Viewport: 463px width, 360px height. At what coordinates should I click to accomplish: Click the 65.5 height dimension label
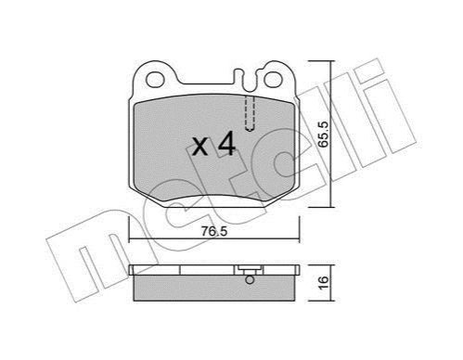tap(322, 134)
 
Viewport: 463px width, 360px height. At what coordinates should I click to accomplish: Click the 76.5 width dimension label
tap(214, 231)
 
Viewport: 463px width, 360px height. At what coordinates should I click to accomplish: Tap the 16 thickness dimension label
tap(323, 282)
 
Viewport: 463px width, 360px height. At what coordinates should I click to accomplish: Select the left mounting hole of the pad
tap(155, 80)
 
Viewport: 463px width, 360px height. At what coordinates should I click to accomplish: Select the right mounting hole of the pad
tap(273, 80)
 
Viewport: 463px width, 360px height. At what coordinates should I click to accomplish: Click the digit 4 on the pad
tap(226, 143)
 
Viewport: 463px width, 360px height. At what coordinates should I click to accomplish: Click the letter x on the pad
tap(200, 147)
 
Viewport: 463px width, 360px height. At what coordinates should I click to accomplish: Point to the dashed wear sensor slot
tap(250, 113)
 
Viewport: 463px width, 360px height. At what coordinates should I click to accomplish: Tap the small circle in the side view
tap(250, 280)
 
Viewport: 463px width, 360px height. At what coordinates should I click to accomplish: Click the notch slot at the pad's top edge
tap(248, 79)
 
